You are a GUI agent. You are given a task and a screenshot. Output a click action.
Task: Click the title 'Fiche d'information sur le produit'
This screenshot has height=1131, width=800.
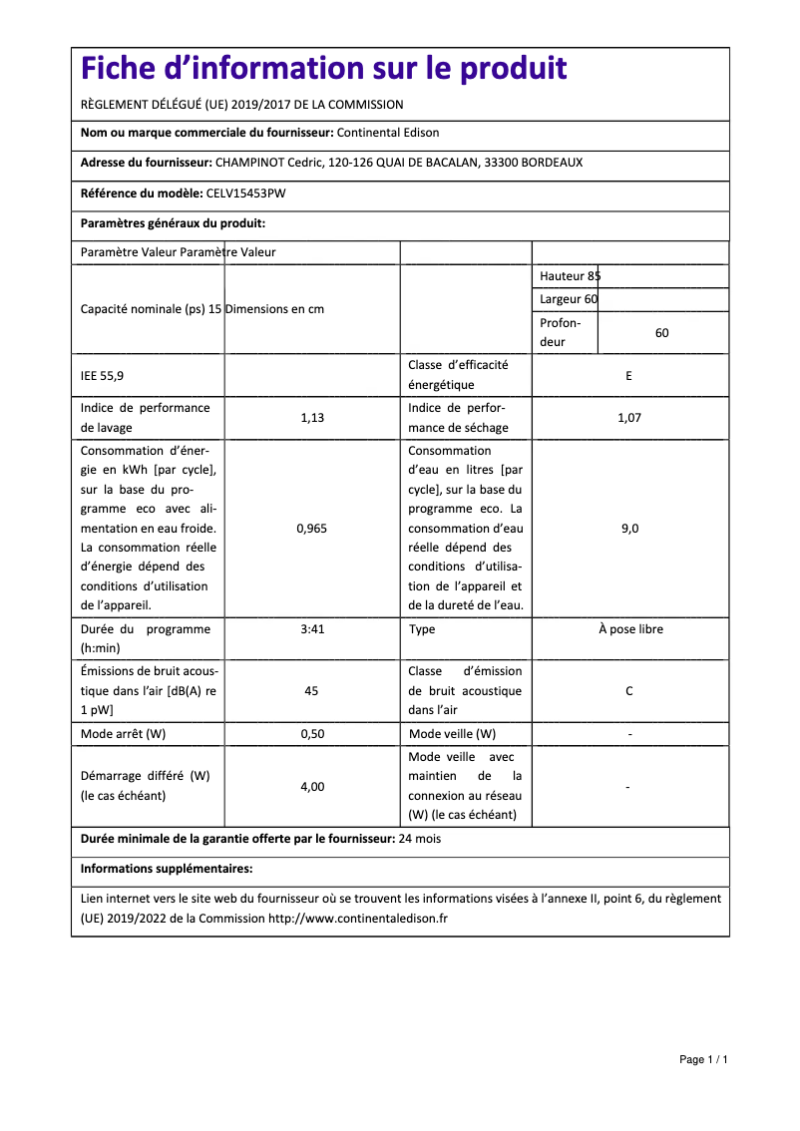coord(323,69)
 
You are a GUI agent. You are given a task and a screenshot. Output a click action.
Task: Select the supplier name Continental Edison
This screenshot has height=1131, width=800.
coord(388,133)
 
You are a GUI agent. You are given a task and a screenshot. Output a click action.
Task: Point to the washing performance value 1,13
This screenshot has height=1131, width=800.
coord(312,418)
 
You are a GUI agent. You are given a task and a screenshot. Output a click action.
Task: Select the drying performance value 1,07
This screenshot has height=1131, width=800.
coord(629,418)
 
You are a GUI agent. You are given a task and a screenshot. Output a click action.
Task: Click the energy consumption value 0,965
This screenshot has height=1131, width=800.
coord(312,529)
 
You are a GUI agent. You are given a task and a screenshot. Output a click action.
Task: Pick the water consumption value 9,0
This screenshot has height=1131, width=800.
coord(629,529)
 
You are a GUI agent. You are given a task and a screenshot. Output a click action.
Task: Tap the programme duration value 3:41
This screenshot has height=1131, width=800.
coord(312,629)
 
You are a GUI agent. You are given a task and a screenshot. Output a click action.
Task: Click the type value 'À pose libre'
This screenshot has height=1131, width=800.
coord(629,629)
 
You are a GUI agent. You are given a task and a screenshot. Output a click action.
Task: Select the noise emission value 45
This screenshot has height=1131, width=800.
coord(312,690)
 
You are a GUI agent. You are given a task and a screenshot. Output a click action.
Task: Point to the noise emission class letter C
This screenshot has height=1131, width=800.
coord(629,690)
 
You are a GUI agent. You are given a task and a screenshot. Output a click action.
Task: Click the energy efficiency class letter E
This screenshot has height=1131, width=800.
coord(629,376)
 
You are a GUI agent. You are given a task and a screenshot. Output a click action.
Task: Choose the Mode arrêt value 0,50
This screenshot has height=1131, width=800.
coord(312,734)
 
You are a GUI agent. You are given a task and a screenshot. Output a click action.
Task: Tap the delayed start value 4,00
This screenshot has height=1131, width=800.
coord(312,787)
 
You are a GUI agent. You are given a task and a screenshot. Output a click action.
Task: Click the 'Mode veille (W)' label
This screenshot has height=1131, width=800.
coord(452,734)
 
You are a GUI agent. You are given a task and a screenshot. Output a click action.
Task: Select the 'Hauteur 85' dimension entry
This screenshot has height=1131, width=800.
coord(571,276)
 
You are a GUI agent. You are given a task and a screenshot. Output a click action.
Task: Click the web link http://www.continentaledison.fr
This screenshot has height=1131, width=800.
coord(358,919)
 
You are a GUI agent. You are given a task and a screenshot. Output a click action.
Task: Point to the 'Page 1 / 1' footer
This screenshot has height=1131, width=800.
coord(703,1059)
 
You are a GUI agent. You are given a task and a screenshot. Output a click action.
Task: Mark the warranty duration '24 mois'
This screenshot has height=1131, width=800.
coord(420,839)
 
